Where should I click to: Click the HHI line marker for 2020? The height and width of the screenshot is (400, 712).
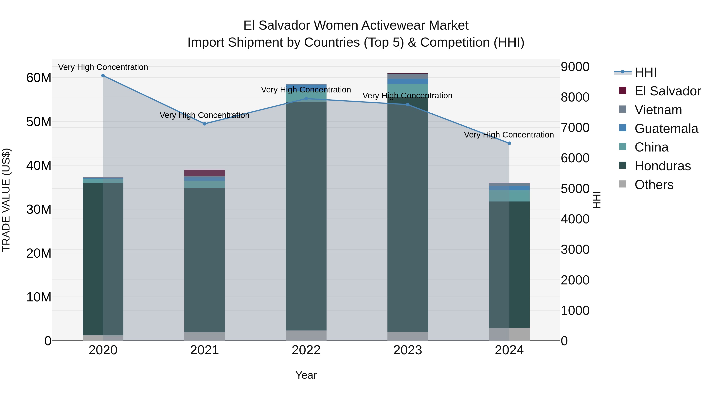(103, 76)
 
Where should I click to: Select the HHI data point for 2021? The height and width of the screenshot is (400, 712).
(205, 124)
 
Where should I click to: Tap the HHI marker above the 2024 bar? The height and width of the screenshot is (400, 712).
(509, 143)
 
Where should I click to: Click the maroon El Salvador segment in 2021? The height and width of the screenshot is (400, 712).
(205, 173)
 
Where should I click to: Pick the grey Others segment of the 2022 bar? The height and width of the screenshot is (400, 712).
(306, 335)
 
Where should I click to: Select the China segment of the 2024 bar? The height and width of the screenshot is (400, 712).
(509, 196)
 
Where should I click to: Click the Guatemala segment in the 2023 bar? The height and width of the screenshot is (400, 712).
(408, 81)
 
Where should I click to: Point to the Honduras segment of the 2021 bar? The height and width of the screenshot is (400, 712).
(205, 260)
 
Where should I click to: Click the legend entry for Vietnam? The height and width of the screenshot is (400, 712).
(658, 110)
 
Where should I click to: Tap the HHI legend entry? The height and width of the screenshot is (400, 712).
(645, 72)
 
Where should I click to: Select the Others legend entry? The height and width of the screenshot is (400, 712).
(654, 185)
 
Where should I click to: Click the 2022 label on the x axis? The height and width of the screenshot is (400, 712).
(306, 350)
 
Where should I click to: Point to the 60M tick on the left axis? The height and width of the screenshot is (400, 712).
(39, 78)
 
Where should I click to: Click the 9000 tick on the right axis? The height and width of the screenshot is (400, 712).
(575, 67)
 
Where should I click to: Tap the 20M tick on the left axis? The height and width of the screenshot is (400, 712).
(39, 253)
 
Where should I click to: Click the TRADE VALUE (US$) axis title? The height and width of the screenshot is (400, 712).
(6, 200)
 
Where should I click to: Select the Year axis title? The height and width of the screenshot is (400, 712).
(306, 375)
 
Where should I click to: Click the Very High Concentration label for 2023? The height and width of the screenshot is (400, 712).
(407, 96)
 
